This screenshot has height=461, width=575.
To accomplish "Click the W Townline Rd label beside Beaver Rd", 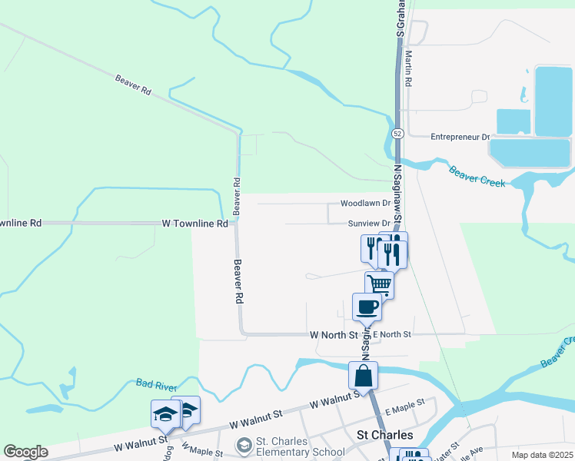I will click(x=195, y=224).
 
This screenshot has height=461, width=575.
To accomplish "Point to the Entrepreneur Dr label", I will click(x=460, y=137).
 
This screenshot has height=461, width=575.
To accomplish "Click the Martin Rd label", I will click(x=409, y=68).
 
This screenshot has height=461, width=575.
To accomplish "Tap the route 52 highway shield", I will click(x=397, y=133).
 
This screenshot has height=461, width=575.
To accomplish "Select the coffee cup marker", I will click(x=367, y=306).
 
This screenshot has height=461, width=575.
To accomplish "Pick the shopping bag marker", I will click(x=363, y=376).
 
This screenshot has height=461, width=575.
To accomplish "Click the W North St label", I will click(x=334, y=335).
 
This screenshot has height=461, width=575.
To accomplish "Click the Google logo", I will click(x=25, y=452).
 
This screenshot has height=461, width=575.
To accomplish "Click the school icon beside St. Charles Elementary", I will click(x=244, y=446).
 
